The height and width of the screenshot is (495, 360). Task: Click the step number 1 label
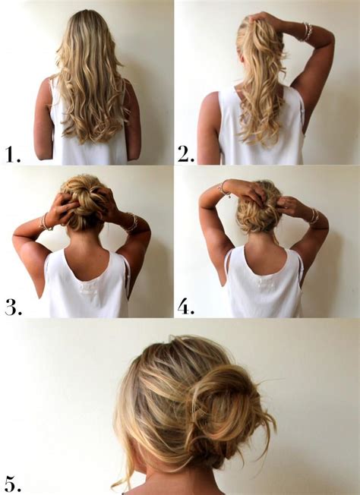point(11,155)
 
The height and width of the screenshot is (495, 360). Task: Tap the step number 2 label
point(187,155)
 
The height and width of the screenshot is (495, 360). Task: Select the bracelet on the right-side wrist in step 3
point(131,222)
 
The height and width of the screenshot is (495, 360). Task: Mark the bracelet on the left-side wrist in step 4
point(223,188)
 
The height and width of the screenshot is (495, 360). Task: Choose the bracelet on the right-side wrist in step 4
point(312,216)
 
